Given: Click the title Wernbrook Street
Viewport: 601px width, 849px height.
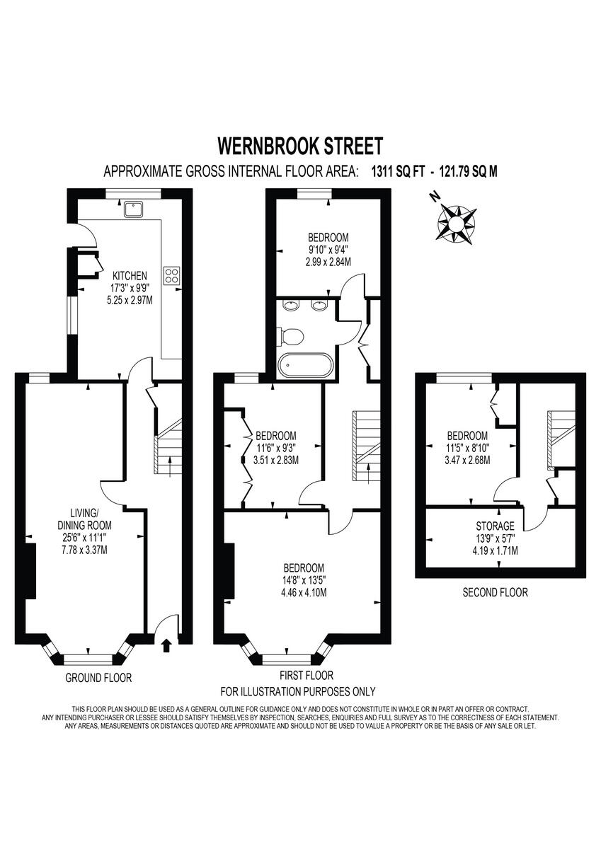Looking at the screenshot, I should [x=300, y=146].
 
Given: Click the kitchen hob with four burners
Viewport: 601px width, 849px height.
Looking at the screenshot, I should [x=172, y=275].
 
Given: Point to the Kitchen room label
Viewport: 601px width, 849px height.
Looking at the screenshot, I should [x=130, y=275].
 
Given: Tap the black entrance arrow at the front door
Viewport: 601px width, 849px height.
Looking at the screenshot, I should [x=167, y=645].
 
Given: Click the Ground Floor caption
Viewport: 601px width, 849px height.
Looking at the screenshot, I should [x=98, y=678].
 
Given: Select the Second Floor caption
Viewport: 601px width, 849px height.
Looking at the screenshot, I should [x=495, y=592].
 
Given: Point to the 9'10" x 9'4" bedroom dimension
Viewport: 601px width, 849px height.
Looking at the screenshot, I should [x=328, y=249].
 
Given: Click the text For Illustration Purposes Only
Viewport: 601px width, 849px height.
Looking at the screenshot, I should [x=298, y=691].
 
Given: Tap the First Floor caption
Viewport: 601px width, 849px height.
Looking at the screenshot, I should [x=307, y=676].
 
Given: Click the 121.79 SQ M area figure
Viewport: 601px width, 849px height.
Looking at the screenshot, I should [x=463, y=171].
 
